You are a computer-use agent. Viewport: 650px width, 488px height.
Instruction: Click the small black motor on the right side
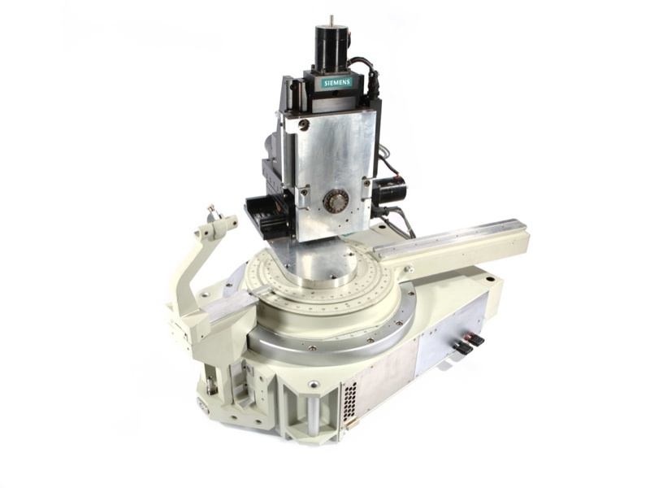pos(390,192)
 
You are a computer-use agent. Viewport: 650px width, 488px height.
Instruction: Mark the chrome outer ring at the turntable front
pos(325,342)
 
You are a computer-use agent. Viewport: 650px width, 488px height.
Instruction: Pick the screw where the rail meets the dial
pos(408,268)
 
